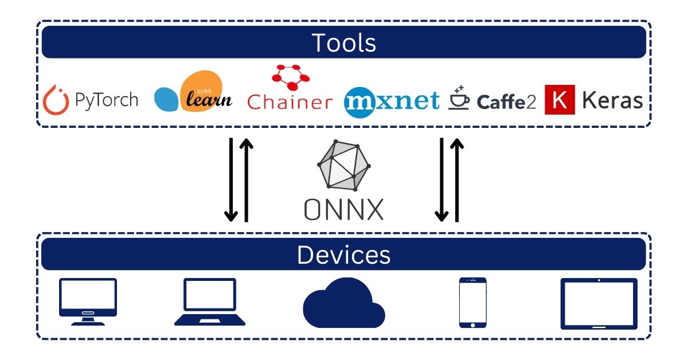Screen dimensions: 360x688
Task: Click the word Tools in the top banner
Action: point(344,43)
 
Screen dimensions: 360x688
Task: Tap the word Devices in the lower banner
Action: point(344,255)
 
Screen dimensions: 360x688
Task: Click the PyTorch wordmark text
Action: point(107,100)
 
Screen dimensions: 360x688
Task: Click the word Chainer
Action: point(290,103)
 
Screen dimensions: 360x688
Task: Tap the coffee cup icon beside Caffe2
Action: point(459,98)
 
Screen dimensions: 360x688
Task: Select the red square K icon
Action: point(560,100)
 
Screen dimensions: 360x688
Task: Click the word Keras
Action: point(612,100)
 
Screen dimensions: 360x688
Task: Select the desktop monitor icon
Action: point(88,302)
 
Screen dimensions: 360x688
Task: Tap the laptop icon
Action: point(209,302)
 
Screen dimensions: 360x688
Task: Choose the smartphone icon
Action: point(473,303)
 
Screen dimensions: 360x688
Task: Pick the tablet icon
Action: point(599,303)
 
